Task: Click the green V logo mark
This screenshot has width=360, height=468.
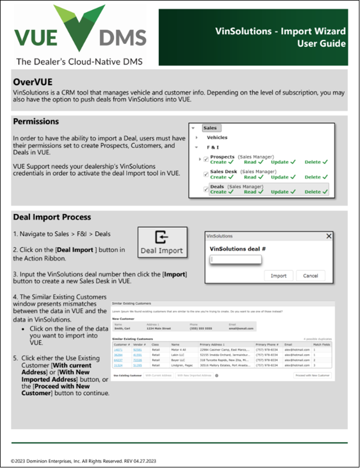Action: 79,25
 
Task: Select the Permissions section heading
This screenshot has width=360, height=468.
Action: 36,121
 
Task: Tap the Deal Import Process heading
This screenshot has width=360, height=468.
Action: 52,217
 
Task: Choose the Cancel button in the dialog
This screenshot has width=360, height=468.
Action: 310,276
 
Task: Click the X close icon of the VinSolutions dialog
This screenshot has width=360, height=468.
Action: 329,236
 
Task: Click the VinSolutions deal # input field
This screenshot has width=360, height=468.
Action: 235,259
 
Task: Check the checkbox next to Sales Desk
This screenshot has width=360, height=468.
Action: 206,174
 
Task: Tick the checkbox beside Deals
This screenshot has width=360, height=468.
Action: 206,189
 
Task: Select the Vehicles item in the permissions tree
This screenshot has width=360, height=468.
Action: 217,137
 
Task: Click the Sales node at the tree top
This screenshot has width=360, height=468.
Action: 210,128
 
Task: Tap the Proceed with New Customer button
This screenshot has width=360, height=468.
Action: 313,374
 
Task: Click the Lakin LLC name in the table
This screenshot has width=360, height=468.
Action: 179,355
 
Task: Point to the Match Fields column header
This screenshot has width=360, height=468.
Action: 321,344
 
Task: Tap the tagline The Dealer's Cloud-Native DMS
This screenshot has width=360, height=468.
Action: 79,61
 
